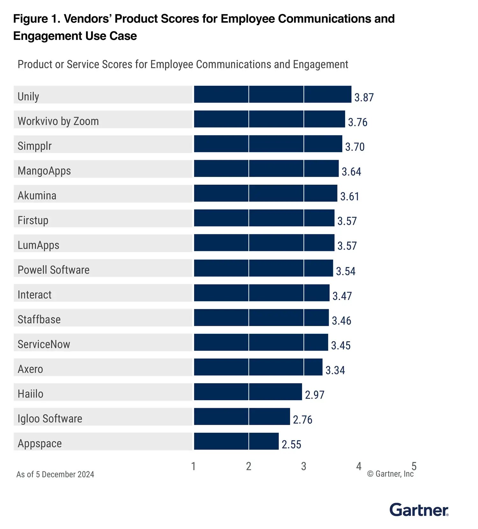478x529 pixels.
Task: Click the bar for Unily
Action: tap(272, 94)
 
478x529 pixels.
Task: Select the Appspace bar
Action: tap(236, 441)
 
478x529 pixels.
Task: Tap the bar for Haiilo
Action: tap(248, 392)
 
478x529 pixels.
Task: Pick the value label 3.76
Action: tap(358, 122)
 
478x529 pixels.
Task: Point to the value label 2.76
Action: tap(302, 420)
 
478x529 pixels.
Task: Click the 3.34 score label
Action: tap(335, 370)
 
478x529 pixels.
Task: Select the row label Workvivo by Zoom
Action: tap(58, 121)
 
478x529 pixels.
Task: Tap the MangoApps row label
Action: tap(44, 171)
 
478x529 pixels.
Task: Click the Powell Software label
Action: tap(54, 270)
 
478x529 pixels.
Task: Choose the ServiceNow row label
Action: tap(44, 344)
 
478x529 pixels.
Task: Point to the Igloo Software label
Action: tap(50, 419)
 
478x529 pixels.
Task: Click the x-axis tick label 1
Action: tap(193, 467)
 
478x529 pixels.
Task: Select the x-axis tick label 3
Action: tap(304, 467)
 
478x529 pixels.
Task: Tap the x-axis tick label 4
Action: tap(359, 467)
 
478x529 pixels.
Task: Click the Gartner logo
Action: tap(419, 510)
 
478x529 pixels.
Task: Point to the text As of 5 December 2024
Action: tap(55, 474)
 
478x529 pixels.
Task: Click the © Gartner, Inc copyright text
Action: tap(390, 474)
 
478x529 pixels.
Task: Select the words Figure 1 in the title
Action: tap(36, 19)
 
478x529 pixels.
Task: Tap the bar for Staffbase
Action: tap(261, 318)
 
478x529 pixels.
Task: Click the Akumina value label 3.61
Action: tap(350, 196)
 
